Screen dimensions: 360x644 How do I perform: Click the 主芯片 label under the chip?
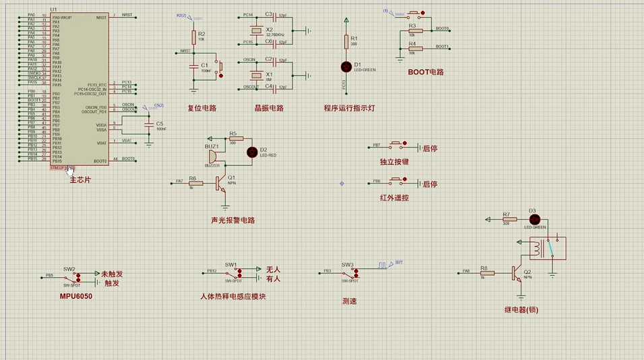coord(79,180)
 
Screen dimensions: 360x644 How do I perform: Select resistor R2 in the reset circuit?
coord(193,37)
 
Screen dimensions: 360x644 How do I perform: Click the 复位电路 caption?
coord(201,108)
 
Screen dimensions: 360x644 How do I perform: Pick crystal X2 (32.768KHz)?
coord(256,31)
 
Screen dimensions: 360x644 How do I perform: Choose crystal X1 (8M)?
coord(256,73)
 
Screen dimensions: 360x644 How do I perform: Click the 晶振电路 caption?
coord(269,108)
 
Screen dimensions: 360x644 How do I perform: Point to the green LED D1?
coord(346,66)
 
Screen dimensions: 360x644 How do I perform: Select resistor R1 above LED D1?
coord(346,42)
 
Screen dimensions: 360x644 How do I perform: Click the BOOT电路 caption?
coord(426,71)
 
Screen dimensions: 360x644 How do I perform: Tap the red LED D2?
coord(253,152)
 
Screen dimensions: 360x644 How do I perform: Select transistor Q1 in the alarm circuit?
coord(221,183)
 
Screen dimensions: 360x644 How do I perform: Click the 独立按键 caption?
coord(394,162)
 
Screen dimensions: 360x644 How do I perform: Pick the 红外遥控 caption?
coord(394,198)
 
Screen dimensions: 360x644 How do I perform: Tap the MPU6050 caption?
coord(75,296)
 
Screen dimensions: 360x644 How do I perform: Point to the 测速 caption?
coord(349,301)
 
